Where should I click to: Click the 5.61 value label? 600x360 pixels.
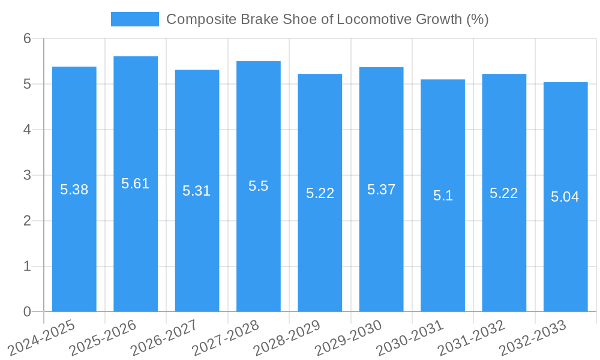click(136, 184)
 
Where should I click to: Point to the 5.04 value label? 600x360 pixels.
click(565, 197)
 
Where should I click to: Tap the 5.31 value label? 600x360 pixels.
click(197, 191)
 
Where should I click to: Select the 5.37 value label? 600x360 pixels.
click(381, 190)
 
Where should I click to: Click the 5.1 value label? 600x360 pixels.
click(443, 196)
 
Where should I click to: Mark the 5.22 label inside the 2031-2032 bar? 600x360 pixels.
click(504, 193)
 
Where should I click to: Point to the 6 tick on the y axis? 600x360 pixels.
click(28, 38)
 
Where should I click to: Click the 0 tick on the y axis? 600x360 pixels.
click(28, 311)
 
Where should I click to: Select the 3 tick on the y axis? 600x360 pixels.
click(28, 175)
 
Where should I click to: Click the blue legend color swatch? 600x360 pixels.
click(135, 19)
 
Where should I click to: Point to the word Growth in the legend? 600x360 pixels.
click(440, 19)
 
